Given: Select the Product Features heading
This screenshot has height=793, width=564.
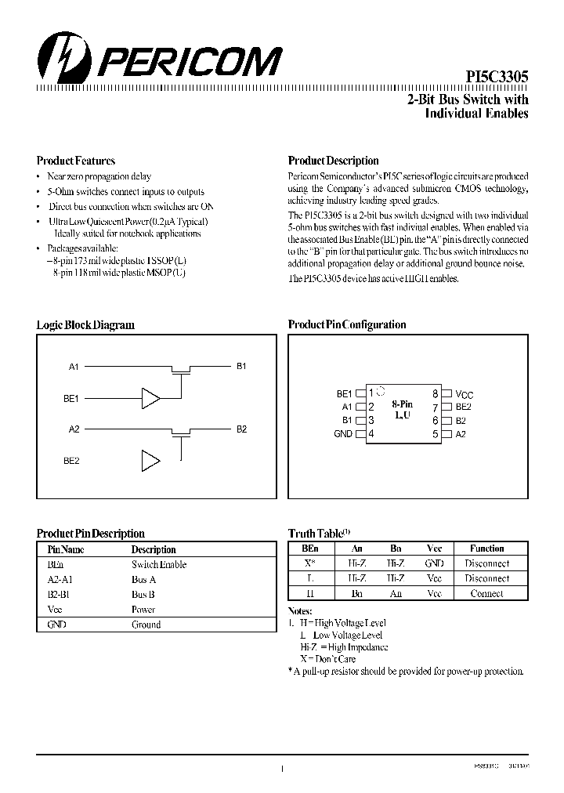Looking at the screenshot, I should pyautogui.click(x=75, y=161).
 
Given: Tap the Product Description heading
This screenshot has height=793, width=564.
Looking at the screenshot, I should pyautogui.click(x=333, y=161).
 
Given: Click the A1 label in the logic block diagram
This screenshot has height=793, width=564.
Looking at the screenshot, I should pyautogui.click(x=74, y=366).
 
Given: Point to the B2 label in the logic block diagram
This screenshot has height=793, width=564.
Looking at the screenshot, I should pyautogui.click(x=241, y=429).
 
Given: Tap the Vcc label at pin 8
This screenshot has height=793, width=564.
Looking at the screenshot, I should pyautogui.click(x=465, y=394).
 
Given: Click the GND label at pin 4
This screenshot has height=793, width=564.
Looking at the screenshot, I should pyautogui.click(x=343, y=433).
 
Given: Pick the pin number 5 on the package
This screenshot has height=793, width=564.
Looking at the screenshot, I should pyautogui.click(x=435, y=433).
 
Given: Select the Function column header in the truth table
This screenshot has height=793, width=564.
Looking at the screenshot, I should pyautogui.click(x=486, y=549).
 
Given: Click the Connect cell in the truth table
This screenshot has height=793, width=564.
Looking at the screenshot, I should pyautogui.click(x=486, y=593).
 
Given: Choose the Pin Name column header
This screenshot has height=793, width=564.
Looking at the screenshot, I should pyautogui.click(x=66, y=549).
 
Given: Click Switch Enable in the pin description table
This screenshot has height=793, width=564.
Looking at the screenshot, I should pyautogui.click(x=159, y=564).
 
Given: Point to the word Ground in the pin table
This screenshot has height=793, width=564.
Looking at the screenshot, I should pyautogui.click(x=146, y=625).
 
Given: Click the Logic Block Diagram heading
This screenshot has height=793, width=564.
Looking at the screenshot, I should pyautogui.click(x=85, y=324).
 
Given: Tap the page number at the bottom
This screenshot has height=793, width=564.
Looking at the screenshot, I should pyautogui.click(x=281, y=770).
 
